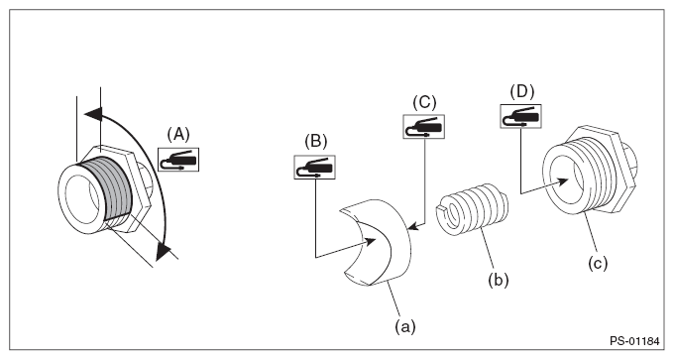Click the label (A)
(x=178, y=135)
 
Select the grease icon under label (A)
(x=178, y=160)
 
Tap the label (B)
(x=316, y=142)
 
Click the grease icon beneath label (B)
(x=314, y=167)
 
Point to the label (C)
(x=424, y=102)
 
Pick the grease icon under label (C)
(x=424, y=127)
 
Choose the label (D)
(x=522, y=91)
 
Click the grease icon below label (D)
(x=520, y=116)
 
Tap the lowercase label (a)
(x=405, y=327)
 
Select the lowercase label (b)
(x=499, y=280)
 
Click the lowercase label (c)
(x=598, y=263)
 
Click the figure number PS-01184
(x=634, y=341)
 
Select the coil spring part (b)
(x=472, y=208)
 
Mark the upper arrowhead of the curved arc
(x=94, y=114)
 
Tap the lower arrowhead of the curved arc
(x=163, y=250)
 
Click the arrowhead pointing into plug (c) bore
(x=567, y=181)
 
